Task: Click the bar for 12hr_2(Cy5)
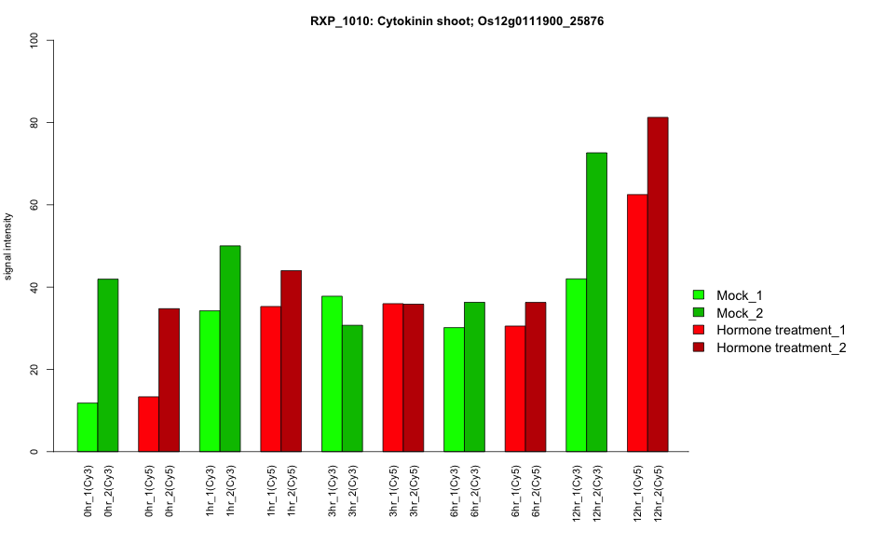658,284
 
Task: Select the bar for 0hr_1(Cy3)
88,428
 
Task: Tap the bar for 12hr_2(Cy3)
596,302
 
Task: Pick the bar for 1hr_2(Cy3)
230,348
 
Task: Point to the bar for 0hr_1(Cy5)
148,424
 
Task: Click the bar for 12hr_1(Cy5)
637,323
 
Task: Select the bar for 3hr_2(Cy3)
352,389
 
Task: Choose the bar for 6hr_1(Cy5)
515,389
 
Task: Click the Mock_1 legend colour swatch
700,295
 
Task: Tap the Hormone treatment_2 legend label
781,348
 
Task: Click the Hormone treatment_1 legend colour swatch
700,330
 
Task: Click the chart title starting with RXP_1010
457,20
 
